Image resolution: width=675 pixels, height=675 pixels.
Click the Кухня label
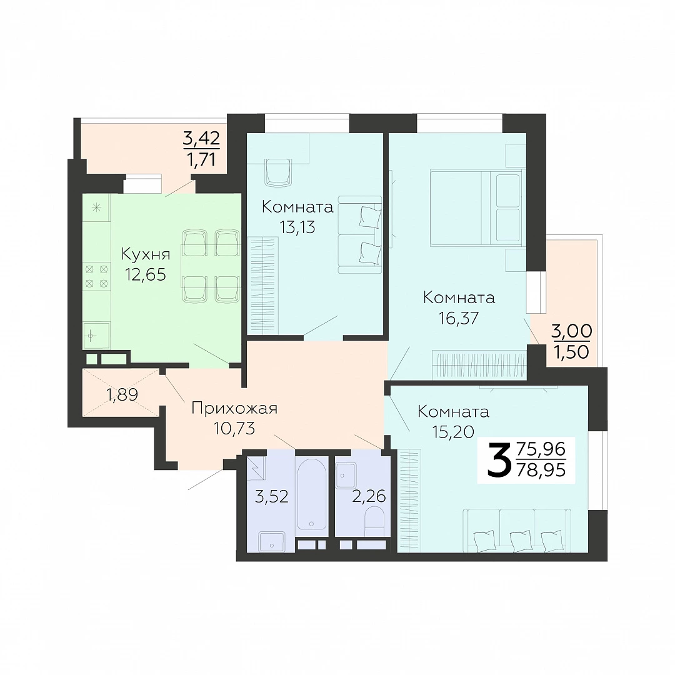tap(146, 254)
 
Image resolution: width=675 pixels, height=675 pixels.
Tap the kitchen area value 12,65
tap(146, 274)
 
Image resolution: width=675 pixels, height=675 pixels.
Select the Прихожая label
tap(234, 407)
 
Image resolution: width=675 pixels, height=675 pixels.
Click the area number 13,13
tap(297, 227)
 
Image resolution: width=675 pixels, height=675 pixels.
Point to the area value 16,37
tap(459, 318)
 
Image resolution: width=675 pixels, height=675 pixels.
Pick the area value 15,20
tap(453, 431)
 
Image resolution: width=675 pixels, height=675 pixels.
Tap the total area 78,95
tap(541, 470)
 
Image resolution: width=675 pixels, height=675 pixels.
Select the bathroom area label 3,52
tap(271, 497)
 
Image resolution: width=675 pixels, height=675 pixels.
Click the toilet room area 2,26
tap(369, 496)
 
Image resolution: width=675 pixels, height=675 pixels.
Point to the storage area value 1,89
tap(122, 394)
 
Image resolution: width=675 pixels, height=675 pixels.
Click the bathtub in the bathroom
tap(311, 493)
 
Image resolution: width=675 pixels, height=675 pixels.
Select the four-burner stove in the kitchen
tap(96, 276)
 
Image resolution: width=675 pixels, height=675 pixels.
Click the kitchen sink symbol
tap(96, 336)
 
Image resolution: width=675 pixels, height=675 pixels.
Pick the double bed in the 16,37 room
tap(477, 208)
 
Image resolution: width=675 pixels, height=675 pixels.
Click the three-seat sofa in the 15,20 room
tap(517, 530)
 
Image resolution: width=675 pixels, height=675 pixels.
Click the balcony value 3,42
tap(201, 139)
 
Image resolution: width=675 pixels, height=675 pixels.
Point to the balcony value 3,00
tap(572, 331)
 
